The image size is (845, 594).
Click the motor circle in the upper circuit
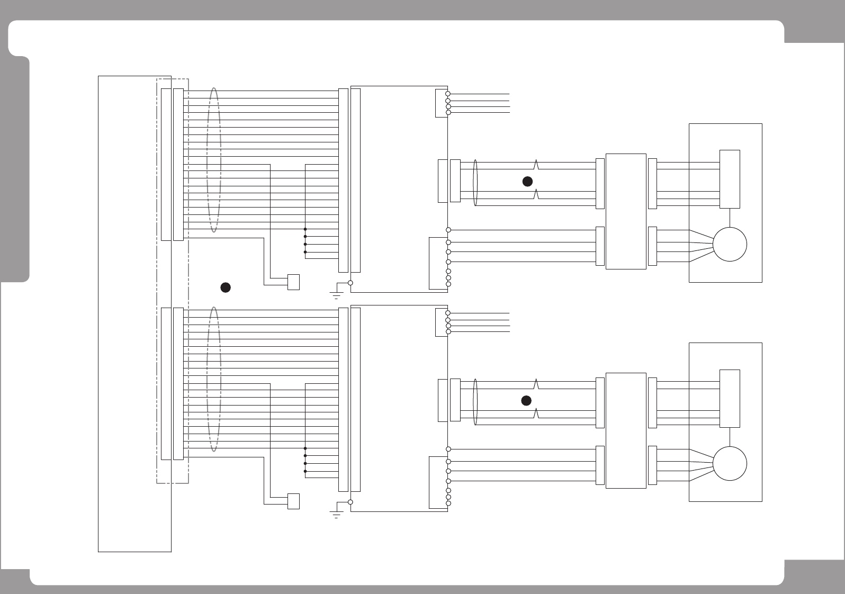(730, 244)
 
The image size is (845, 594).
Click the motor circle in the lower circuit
(730, 463)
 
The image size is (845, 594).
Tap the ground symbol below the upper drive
(336, 294)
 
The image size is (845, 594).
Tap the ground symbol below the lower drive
(336, 514)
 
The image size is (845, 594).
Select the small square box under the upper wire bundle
(293, 282)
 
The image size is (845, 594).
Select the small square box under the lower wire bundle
(293, 501)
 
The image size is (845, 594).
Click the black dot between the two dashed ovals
(225, 287)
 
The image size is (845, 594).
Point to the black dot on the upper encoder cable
(527, 182)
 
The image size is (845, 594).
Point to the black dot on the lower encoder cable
(526, 400)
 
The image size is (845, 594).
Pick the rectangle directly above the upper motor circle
(730, 179)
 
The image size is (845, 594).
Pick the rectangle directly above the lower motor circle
(730, 398)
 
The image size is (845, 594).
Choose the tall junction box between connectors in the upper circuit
(625, 211)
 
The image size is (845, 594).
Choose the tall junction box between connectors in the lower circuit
(625, 430)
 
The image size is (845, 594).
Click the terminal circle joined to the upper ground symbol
(350, 283)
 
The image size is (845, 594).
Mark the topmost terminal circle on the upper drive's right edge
(448, 94)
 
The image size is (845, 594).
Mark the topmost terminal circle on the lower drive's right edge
(448, 313)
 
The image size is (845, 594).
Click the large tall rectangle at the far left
(134, 313)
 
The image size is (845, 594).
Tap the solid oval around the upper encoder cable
(475, 183)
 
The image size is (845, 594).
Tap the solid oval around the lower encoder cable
(475, 402)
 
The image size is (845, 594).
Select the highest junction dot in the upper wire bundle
(305, 229)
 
